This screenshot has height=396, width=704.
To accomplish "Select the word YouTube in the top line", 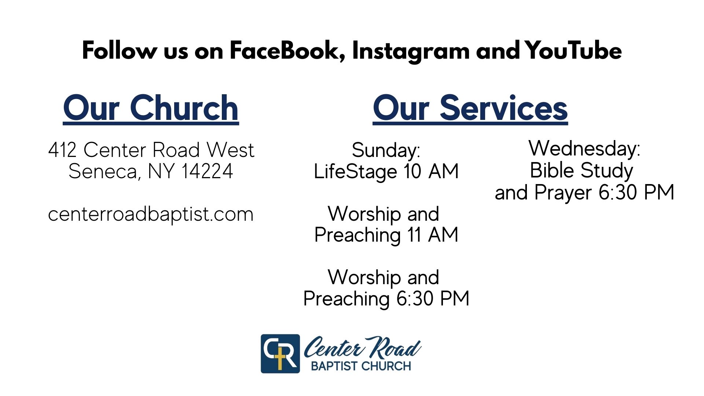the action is coord(573,51).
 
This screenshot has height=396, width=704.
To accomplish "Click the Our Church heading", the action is coord(151,108).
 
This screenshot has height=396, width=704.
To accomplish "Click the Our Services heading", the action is coord(470,108).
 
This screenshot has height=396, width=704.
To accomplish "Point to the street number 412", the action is coord(62,150).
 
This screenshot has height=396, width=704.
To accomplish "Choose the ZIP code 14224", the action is coord(207,171).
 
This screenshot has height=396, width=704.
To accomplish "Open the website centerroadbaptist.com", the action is coord(151,214).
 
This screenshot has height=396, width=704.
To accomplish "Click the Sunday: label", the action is coord(386,151).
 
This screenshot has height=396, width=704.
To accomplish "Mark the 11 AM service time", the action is coord(433,235).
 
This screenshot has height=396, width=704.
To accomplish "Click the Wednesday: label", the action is coord(584,148).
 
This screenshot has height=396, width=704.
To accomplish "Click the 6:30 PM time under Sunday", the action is coord(433,298).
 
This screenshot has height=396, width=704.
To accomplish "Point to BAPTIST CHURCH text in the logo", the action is coord(361,366).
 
